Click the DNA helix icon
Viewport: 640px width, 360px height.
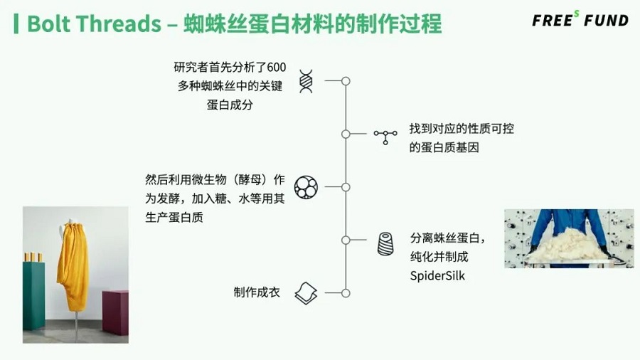[x=306, y=81]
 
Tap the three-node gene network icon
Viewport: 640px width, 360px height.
[x=385, y=137]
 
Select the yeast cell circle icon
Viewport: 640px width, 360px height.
[x=306, y=187]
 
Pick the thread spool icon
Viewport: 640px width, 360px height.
[x=385, y=243]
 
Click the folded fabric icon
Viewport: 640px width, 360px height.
[x=306, y=293]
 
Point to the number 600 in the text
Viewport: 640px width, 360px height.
[x=277, y=68]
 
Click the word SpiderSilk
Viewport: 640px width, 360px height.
[x=437, y=276]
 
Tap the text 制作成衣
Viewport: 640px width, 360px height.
[x=257, y=292]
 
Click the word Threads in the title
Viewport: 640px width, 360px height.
[x=120, y=23]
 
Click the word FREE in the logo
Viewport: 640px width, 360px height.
[x=553, y=21]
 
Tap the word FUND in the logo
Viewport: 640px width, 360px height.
[x=606, y=21]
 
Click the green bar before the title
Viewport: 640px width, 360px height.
[x=16, y=23]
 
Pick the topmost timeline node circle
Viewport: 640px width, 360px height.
[x=346, y=81]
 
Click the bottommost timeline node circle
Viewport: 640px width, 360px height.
[x=346, y=293]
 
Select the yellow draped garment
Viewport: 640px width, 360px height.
[x=73, y=265]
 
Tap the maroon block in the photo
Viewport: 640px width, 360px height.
[x=115, y=312]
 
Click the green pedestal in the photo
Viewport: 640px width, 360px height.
[x=34, y=295]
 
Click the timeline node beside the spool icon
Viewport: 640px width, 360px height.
[x=346, y=240]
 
